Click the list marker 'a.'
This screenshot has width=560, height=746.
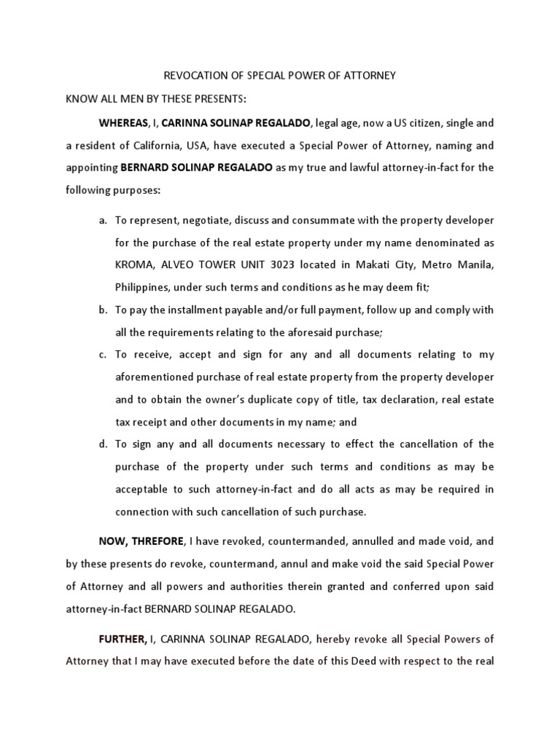(103, 220)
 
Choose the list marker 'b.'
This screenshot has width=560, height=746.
(103, 310)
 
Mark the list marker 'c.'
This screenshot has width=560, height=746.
(103, 355)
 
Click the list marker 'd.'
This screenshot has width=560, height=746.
(103, 444)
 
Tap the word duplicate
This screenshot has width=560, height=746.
(264, 399)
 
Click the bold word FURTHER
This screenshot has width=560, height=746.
(122, 640)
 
